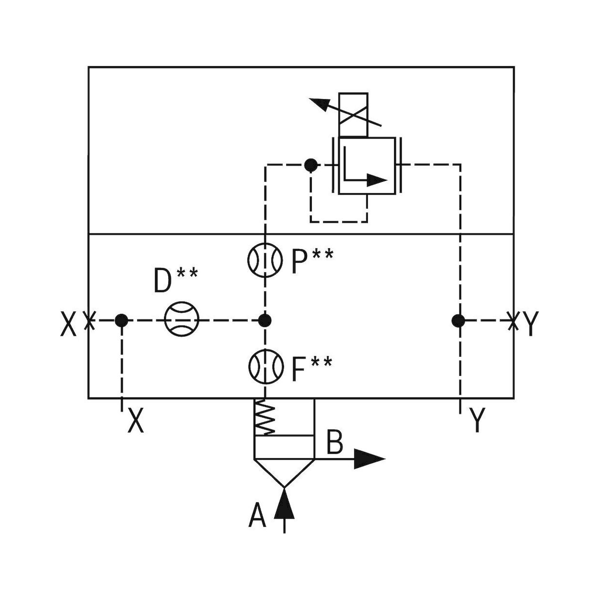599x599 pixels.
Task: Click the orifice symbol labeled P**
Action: point(265,260)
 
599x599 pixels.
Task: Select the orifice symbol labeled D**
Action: point(182,319)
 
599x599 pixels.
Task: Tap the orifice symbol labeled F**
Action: point(266,367)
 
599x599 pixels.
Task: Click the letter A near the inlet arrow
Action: point(257,516)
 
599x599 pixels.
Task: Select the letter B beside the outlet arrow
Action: point(335,441)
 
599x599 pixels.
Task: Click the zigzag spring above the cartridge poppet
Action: point(264,417)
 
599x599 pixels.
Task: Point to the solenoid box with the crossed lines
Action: point(353,115)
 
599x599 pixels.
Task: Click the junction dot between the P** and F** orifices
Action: point(265,320)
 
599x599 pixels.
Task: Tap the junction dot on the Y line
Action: point(459,320)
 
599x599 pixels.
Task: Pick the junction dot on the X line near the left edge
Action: point(121,320)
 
